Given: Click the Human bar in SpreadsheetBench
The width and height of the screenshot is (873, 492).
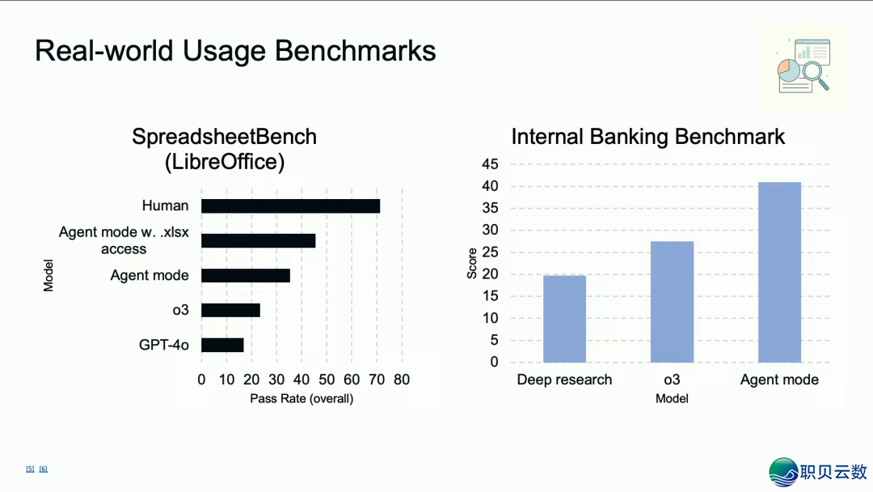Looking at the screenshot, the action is tap(291, 206).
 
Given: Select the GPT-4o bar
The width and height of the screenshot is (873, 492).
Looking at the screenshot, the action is tap(223, 345).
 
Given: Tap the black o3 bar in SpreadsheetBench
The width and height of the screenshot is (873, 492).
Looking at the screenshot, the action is tap(230, 311).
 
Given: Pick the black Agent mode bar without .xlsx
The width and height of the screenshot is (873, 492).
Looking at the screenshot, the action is tap(246, 275).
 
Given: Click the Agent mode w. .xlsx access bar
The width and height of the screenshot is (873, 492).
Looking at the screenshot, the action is tap(259, 240).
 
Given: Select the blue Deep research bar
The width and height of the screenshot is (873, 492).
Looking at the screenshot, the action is tap(564, 319).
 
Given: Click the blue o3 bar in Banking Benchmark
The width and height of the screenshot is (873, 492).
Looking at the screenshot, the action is tap(672, 302).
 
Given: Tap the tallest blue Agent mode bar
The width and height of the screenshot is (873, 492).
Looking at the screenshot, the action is tap(779, 273).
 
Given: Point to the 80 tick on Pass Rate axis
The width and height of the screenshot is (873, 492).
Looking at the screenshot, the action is tap(402, 380).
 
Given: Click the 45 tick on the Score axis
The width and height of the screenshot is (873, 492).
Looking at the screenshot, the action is tap(490, 163).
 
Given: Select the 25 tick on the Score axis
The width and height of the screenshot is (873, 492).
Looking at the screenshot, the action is tap(490, 252).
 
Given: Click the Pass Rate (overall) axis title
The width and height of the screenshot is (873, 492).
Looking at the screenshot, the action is tap(302, 399).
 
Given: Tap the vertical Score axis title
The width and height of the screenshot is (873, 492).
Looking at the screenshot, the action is tap(472, 263).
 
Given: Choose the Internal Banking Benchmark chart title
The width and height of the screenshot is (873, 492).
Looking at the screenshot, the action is tap(648, 137).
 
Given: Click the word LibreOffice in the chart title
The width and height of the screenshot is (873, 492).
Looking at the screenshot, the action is tap(225, 162).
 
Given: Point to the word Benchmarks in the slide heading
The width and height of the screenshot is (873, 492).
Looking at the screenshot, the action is tap(355, 51).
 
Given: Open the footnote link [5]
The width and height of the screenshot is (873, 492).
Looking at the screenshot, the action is tap(30, 469).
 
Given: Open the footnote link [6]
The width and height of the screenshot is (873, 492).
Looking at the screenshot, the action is tap(44, 469).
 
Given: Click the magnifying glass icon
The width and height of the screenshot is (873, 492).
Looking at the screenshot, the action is tap(815, 75).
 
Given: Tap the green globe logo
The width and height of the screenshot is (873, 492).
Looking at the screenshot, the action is tap(783, 472).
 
